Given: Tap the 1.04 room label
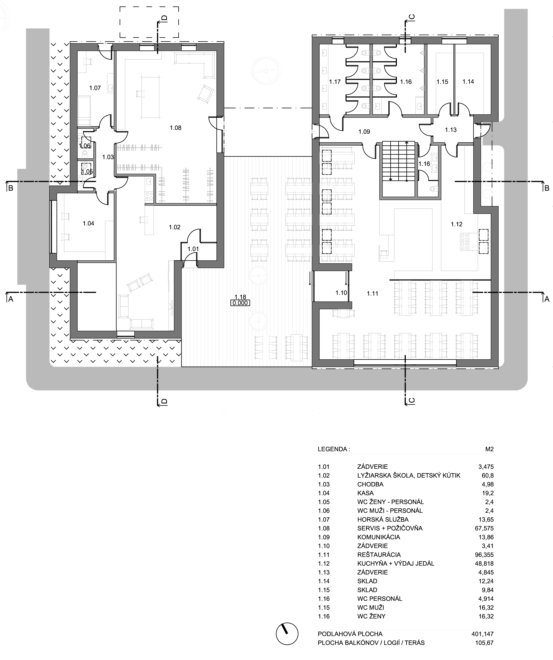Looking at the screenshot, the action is (88, 223).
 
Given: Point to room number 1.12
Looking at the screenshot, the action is (456, 224).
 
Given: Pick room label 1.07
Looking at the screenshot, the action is (95, 88).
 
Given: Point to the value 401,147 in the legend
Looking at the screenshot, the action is (482, 634).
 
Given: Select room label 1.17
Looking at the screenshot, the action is (335, 82).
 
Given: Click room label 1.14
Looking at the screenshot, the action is (468, 81).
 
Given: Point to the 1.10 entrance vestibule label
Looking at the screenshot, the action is (341, 293).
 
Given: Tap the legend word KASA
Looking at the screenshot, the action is (365, 493).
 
